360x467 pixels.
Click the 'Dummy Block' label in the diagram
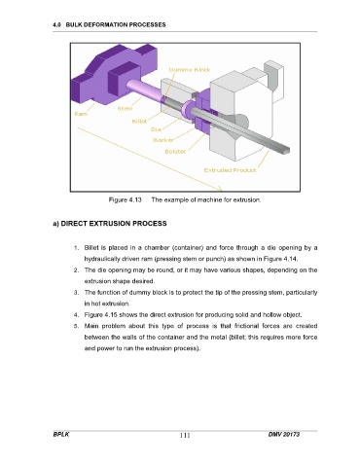tap(190, 70)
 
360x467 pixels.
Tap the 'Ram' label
tap(81, 114)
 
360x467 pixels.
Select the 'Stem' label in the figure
tap(125, 108)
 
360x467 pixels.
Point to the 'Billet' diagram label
tap(139, 122)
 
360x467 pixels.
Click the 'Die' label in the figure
tap(156, 129)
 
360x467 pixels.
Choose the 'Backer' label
tap(163, 140)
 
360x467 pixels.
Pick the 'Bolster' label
tap(175, 152)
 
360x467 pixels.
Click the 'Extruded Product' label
tap(230, 170)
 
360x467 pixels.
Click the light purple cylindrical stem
tap(144, 91)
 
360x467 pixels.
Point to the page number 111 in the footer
tap(185, 435)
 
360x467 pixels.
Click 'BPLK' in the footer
tap(61, 434)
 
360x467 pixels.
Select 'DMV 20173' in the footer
tap(284, 434)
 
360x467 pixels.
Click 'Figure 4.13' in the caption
tap(126, 199)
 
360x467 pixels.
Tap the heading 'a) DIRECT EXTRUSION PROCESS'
tap(110, 224)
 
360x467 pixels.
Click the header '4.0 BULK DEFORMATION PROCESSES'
tap(109, 24)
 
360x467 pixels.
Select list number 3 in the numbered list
tap(76, 293)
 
